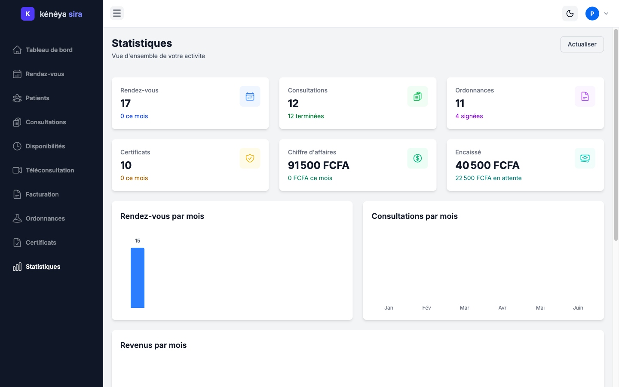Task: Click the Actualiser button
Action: (x=582, y=44)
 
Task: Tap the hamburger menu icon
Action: (x=117, y=13)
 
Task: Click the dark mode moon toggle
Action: (x=570, y=14)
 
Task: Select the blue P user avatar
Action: (x=592, y=14)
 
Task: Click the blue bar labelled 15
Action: (x=138, y=277)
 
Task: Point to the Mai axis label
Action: (x=540, y=308)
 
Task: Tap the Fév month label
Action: (x=426, y=308)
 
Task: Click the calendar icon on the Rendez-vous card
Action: (x=250, y=96)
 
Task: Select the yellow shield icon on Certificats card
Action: (x=250, y=158)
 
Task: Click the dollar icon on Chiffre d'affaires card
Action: (x=417, y=158)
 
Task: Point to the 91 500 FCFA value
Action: (x=319, y=165)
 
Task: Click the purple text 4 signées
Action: (x=469, y=116)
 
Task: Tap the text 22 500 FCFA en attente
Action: (x=488, y=178)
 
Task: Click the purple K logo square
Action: (x=28, y=14)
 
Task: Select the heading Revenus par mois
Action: (x=153, y=345)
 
